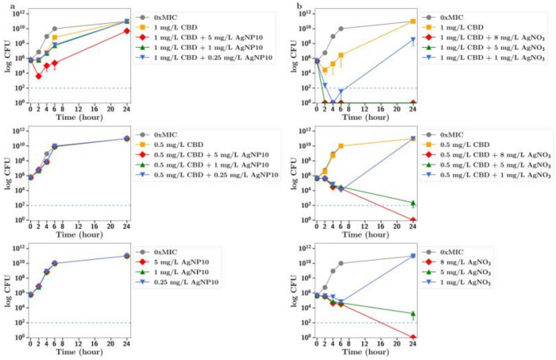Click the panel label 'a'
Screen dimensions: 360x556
click(x=5, y=6)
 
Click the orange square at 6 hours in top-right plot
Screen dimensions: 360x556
click(x=341, y=56)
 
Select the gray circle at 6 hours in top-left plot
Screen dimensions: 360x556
click(x=55, y=29)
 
